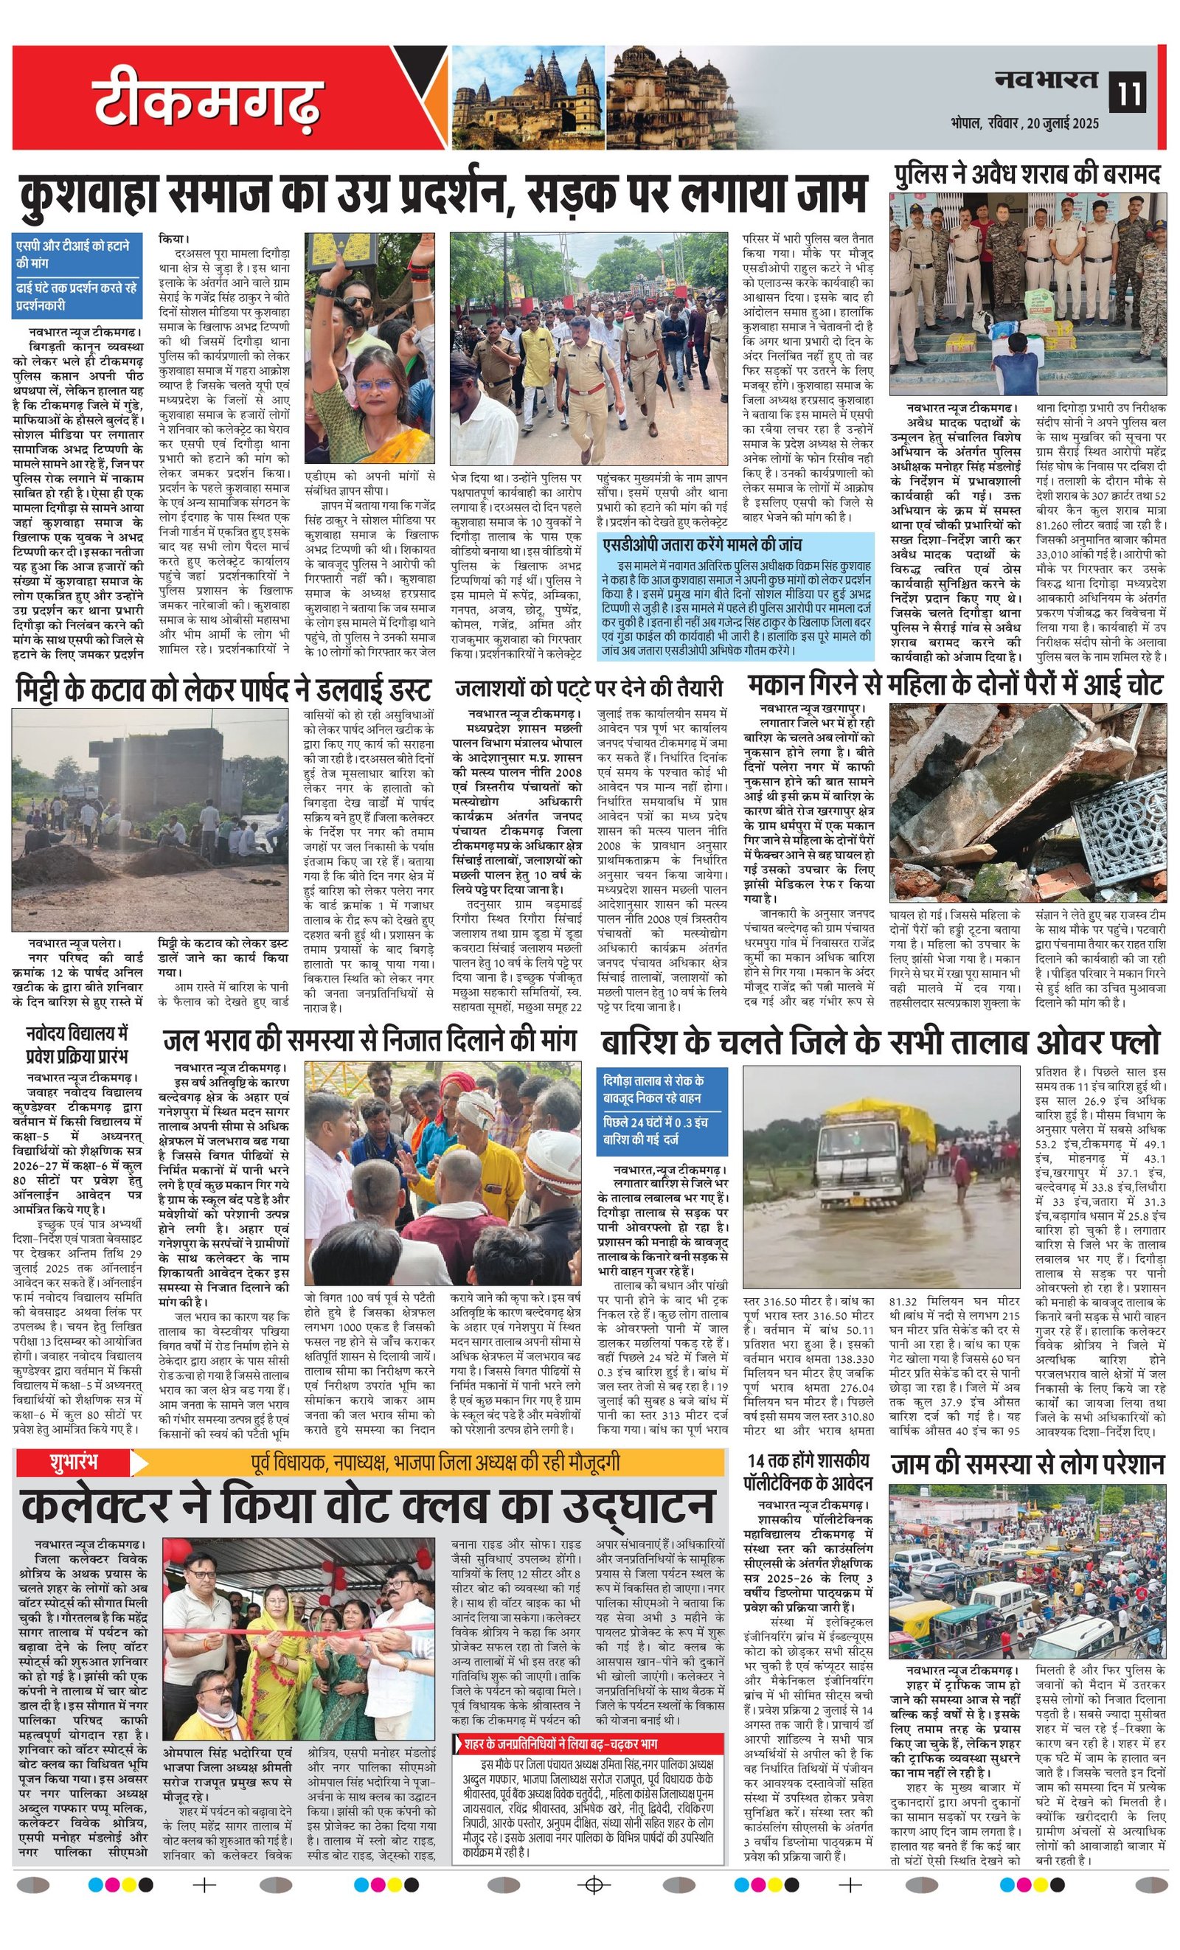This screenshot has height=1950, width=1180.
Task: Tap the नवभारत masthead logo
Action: (x=1047, y=79)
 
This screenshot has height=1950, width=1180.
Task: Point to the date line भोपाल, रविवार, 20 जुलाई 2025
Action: (x=1025, y=123)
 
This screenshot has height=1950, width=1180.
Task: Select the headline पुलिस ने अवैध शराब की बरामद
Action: (x=1027, y=175)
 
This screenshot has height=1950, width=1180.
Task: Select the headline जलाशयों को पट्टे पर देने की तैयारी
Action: (x=589, y=687)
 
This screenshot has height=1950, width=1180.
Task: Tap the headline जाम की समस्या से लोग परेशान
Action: (x=1027, y=1465)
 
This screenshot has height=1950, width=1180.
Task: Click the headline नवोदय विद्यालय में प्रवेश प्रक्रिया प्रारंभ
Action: (x=77, y=1044)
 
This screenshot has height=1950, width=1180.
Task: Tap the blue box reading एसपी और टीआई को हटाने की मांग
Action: (x=76, y=254)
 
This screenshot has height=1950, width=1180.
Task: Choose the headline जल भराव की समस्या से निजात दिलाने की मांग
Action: (x=369, y=1039)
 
